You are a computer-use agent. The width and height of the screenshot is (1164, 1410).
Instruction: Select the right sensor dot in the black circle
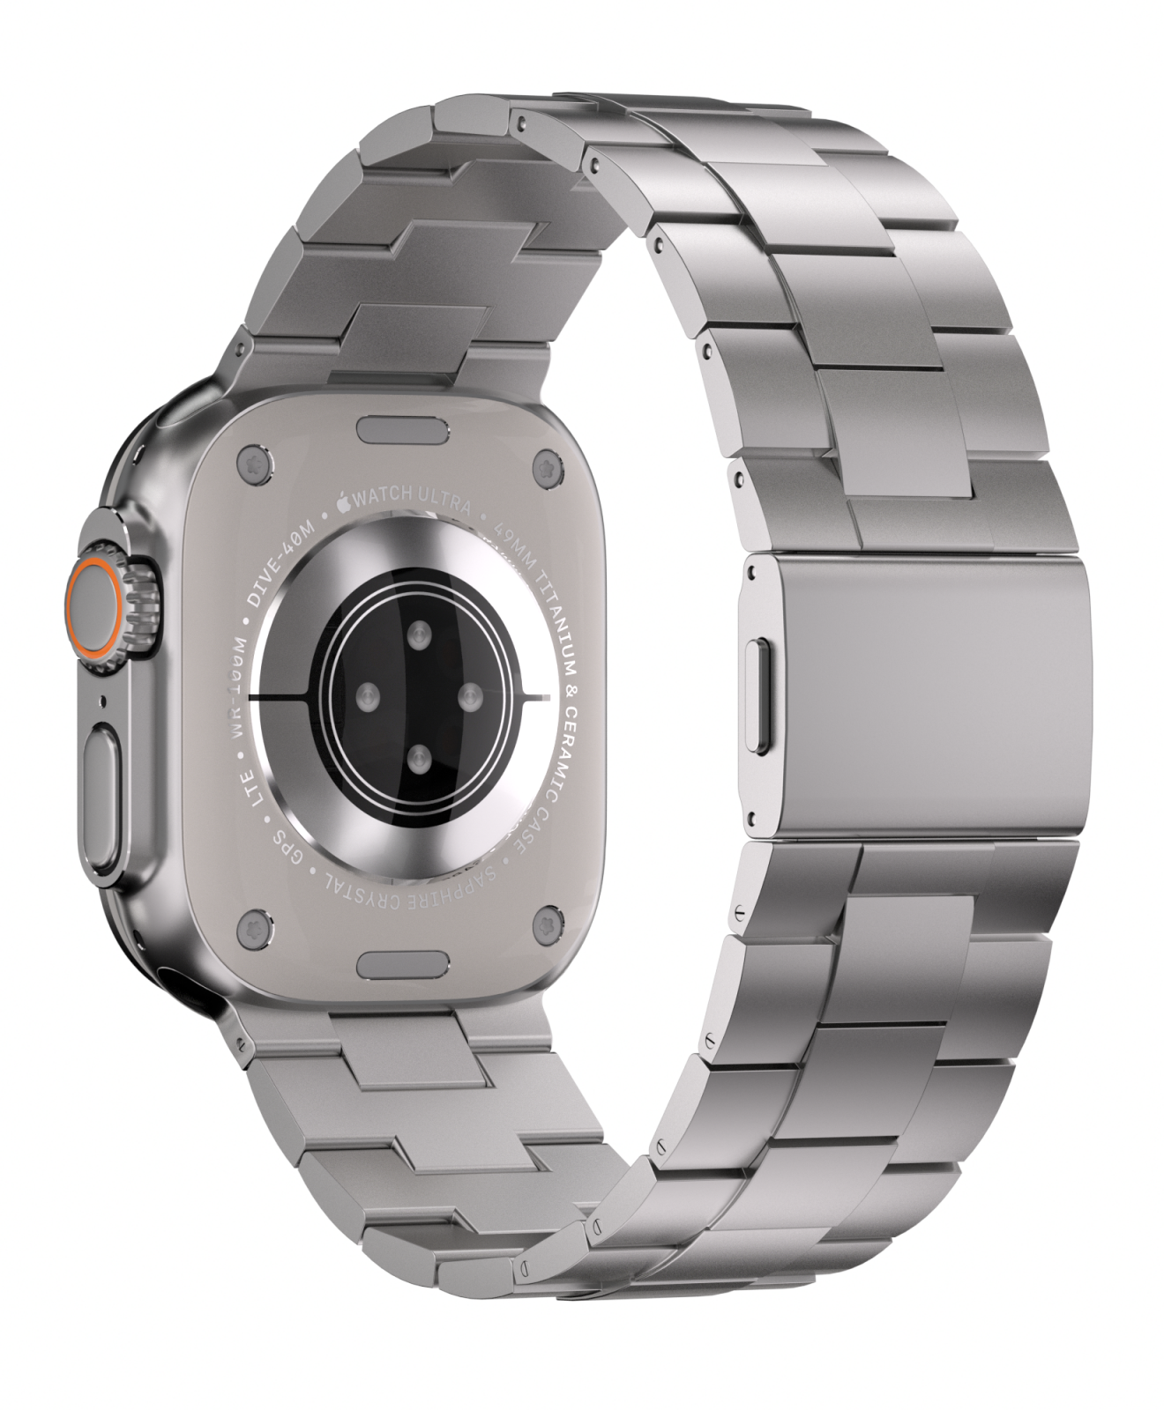click(472, 699)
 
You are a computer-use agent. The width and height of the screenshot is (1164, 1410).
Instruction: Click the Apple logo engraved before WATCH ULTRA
click(342, 502)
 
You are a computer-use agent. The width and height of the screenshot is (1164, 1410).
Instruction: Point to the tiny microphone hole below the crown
click(105, 702)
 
